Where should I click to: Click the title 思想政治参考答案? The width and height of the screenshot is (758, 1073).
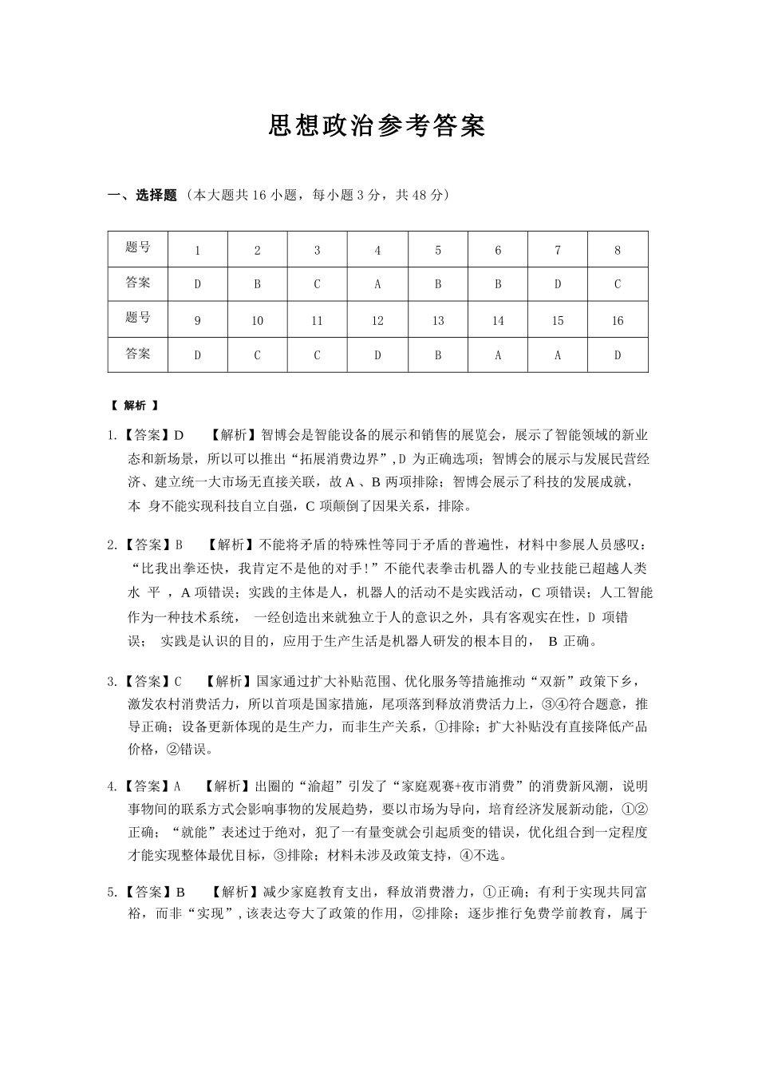(377, 126)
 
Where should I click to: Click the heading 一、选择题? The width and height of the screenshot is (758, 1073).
(142, 196)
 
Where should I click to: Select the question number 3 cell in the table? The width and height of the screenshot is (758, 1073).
(317, 250)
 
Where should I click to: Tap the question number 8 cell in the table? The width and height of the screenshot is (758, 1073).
(618, 250)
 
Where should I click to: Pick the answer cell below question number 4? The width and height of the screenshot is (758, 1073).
(377, 284)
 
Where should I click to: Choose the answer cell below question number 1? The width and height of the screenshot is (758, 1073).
(198, 284)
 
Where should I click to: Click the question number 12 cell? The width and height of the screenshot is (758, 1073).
(377, 320)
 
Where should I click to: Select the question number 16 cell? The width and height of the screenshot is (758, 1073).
(618, 320)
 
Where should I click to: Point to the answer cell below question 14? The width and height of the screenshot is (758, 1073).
(498, 355)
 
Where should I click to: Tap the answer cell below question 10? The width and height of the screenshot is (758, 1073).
(257, 355)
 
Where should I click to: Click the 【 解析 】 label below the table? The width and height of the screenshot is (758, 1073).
(134, 406)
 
